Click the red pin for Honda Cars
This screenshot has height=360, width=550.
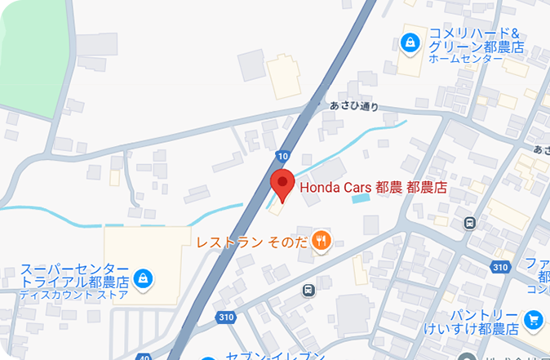282,184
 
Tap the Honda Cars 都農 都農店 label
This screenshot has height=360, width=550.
375,187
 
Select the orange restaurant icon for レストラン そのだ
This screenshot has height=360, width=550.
322,240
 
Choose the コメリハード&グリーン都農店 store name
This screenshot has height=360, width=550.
476,40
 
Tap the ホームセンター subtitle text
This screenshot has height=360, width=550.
464,59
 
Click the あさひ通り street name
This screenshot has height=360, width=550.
354,105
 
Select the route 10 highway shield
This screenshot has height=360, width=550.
282,154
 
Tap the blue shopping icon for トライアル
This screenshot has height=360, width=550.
144,278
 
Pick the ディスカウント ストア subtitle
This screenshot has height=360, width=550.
74,295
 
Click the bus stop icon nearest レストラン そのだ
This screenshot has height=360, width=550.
308,290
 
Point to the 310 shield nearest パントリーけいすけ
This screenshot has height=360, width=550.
500,267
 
